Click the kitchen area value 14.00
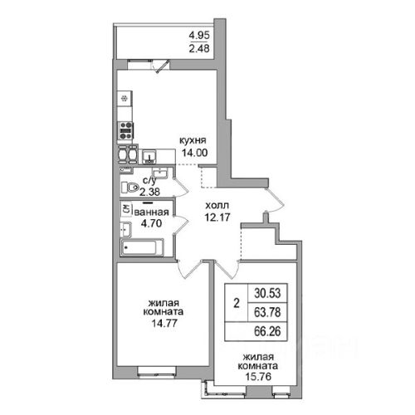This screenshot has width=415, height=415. (194, 153)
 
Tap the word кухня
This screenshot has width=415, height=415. (193, 140)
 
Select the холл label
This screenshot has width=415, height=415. (217, 206)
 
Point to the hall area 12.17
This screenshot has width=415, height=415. (217, 217)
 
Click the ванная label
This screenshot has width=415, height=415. (151, 212)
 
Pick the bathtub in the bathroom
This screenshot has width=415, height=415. (142, 247)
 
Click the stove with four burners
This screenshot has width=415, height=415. (125, 130)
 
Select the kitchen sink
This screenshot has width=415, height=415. (149, 157)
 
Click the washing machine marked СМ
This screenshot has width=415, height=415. (126, 209)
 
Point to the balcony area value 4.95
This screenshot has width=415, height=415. (199, 36)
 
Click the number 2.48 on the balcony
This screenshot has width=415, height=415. (199, 48)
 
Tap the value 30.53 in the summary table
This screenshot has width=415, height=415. (267, 293)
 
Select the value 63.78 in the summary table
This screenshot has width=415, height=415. (267, 312)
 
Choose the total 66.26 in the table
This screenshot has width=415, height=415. (267, 331)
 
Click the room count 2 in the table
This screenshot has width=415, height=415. (237, 303)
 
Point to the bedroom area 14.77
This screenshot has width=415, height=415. (164, 323)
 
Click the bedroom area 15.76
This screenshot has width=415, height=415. (258, 376)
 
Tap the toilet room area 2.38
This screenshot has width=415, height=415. (149, 192)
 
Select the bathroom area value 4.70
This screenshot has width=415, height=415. (151, 223)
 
